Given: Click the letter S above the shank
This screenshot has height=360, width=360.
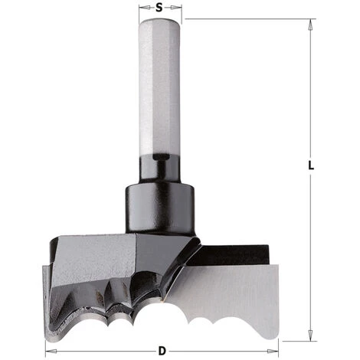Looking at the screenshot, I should tap(159, 8).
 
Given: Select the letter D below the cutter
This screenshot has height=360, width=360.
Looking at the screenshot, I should tap(161, 351).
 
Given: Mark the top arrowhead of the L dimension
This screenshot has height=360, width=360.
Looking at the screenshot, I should tap(309, 24).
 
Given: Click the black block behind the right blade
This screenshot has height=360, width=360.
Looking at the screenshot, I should tap(237, 252).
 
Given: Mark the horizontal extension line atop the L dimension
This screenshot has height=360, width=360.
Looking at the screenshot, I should tap(245, 19).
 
